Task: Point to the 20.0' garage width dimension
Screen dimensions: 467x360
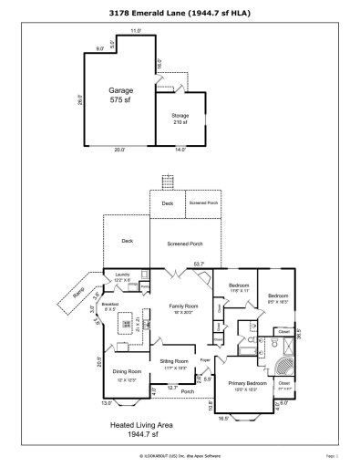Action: [120, 149]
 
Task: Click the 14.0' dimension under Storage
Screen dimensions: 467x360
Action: [180, 149]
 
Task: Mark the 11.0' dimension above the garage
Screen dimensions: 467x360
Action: [136, 31]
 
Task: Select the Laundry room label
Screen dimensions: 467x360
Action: [122, 278]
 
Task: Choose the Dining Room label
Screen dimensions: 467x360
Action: [127, 372]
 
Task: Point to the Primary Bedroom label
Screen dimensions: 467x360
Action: [248, 384]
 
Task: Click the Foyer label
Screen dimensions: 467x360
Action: [206, 362]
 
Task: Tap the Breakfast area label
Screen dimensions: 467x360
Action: [110, 305]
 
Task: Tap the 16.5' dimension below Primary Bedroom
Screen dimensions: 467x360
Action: [250, 419]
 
